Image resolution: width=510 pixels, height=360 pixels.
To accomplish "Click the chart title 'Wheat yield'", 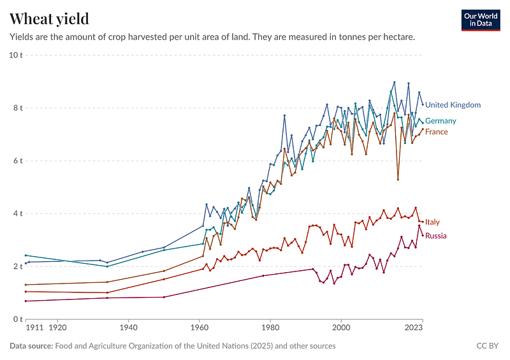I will (x=49, y=18).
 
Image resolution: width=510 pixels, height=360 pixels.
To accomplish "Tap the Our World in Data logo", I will (x=480, y=19).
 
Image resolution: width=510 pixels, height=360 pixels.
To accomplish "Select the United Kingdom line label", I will (x=453, y=105).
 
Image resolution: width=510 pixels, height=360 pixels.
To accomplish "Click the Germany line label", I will (x=441, y=121).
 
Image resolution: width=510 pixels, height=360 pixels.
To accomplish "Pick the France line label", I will (x=437, y=132).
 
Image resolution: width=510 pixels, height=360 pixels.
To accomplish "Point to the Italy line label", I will (x=432, y=222).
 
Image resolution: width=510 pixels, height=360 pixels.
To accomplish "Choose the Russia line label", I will (x=436, y=236).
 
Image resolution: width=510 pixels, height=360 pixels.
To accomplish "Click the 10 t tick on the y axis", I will (x=15, y=55).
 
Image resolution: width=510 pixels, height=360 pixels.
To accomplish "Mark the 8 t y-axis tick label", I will (x=17, y=108).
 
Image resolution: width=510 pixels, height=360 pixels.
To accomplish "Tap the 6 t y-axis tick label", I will (x=17, y=161).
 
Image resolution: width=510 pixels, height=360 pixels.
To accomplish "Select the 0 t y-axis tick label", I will (x=17, y=319).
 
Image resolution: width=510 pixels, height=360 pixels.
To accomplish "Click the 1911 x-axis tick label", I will (x=34, y=329).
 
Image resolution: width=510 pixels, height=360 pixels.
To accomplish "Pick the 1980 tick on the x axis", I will (x=270, y=329).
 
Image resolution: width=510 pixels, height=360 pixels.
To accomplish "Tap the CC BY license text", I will (x=487, y=346).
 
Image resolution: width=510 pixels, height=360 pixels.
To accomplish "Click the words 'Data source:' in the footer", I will (x=31, y=346).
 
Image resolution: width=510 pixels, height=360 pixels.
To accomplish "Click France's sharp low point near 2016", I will (x=398, y=180).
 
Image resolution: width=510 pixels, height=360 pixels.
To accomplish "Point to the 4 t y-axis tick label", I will (x=17, y=213).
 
